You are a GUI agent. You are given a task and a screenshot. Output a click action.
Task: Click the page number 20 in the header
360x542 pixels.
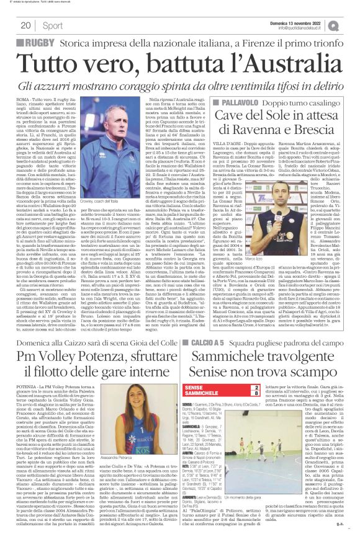point(25,25)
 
